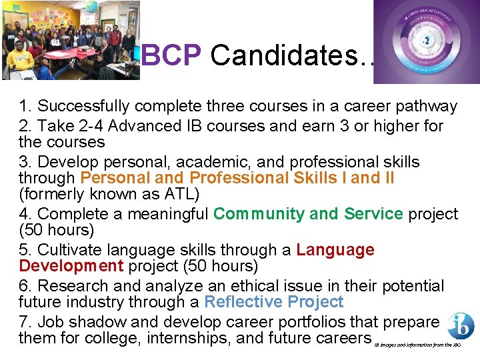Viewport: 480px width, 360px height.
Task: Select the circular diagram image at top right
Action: pos(426,41)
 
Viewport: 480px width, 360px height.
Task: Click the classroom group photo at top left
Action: pos(71,40)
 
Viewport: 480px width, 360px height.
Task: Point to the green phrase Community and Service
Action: pos(308,214)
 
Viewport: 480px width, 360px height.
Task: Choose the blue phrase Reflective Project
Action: pos(273,302)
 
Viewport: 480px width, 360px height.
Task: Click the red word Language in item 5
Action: pos(335,250)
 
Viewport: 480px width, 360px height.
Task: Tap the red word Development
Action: pos(71,266)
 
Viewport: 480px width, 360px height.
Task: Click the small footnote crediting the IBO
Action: pos(417,345)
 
